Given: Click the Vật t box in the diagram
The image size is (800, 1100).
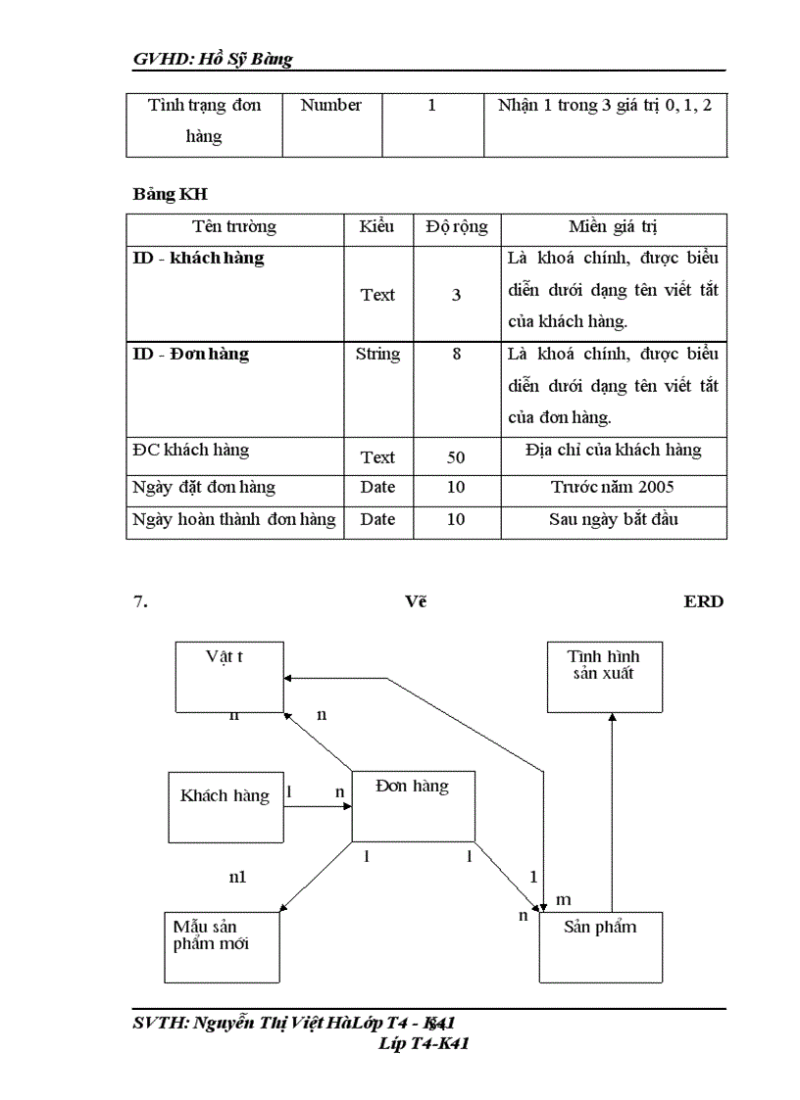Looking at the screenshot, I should [x=228, y=677].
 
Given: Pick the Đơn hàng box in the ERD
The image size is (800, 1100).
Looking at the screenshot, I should [x=413, y=805].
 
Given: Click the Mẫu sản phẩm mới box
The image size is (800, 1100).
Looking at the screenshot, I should [x=221, y=947].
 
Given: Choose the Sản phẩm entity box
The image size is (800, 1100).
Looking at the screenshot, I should [x=600, y=946].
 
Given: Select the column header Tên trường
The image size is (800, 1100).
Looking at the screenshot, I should [x=234, y=227].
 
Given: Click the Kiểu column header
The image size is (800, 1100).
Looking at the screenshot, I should [x=377, y=227].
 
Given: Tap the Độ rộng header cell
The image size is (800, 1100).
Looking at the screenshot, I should [x=456, y=227].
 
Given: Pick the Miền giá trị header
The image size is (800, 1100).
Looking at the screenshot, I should [x=613, y=227].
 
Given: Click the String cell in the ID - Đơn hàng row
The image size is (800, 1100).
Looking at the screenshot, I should [x=377, y=355].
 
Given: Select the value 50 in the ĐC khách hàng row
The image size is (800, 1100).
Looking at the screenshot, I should [x=456, y=457].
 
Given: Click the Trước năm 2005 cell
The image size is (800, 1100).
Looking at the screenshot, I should [x=613, y=487].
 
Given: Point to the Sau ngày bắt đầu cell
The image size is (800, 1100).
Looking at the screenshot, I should [x=613, y=519].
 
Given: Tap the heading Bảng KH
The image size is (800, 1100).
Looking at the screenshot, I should [x=171, y=194].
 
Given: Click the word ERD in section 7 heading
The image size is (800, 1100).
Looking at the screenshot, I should [x=703, y=601].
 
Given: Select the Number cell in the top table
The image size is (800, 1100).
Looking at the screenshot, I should [x=331, y=105].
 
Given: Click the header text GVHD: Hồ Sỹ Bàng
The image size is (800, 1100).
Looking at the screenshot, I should [x=213, y=60].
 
